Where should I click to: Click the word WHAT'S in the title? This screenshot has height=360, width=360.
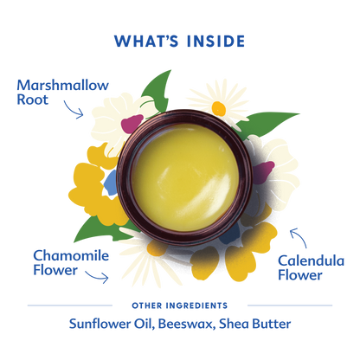146,41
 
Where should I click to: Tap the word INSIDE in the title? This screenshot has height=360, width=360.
216,41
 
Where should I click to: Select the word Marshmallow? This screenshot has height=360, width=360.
62,85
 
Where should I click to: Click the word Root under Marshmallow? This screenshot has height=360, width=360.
32,100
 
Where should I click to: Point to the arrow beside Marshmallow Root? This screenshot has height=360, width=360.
73,110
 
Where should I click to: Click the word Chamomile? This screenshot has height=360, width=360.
71,255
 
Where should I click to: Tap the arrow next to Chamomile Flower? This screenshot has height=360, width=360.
98,276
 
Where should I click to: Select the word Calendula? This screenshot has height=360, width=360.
311,260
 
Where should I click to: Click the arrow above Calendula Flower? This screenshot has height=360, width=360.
300,238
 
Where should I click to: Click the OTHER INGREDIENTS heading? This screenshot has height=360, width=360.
180,305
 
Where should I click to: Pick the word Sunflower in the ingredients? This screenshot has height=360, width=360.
100,324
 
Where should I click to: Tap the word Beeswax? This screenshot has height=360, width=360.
187,324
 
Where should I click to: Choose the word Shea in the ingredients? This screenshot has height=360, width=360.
234,324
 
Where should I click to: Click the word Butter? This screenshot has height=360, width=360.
272,324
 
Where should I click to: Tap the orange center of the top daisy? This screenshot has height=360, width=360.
218,108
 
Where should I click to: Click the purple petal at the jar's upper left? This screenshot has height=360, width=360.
132,124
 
